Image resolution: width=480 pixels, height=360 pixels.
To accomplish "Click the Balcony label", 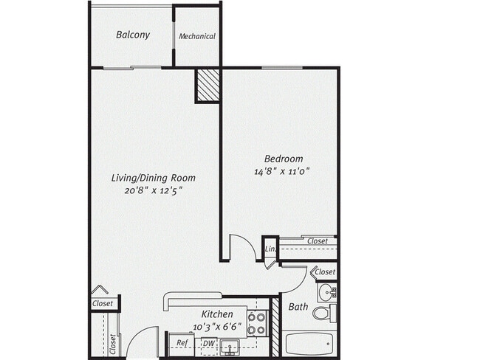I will tap(133, 35).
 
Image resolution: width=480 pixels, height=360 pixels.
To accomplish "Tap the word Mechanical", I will tap(197, 36).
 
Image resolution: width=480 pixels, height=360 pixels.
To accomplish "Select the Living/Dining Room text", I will tap(153, 178).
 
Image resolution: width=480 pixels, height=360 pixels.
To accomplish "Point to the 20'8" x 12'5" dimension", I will tap(153, 190).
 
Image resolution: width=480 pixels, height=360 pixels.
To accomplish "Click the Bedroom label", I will tap(284, 159).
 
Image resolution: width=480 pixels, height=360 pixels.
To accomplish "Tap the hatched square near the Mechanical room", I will tap(208, 86).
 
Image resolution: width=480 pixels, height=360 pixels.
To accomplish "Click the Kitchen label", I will tap(217, 314).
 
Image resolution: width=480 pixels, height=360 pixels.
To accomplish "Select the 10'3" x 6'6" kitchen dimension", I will tap(217, 326).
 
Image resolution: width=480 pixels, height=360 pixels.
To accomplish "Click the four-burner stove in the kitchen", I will tap(256, 323).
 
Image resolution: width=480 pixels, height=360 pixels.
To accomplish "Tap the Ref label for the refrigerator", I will tap(181, 343).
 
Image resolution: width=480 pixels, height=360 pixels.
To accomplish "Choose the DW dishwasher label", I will tap(209, 343).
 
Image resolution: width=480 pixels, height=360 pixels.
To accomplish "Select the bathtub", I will tap(310, 344).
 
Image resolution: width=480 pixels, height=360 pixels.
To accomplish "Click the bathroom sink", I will tap(327, 292).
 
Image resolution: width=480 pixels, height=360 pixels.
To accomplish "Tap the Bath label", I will tap(298, 307).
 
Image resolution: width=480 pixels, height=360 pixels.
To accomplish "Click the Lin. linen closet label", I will tap(270, 250).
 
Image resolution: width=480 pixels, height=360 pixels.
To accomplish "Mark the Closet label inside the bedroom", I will tap(318, 241).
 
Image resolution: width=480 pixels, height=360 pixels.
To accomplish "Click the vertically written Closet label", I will tap(114, 344).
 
